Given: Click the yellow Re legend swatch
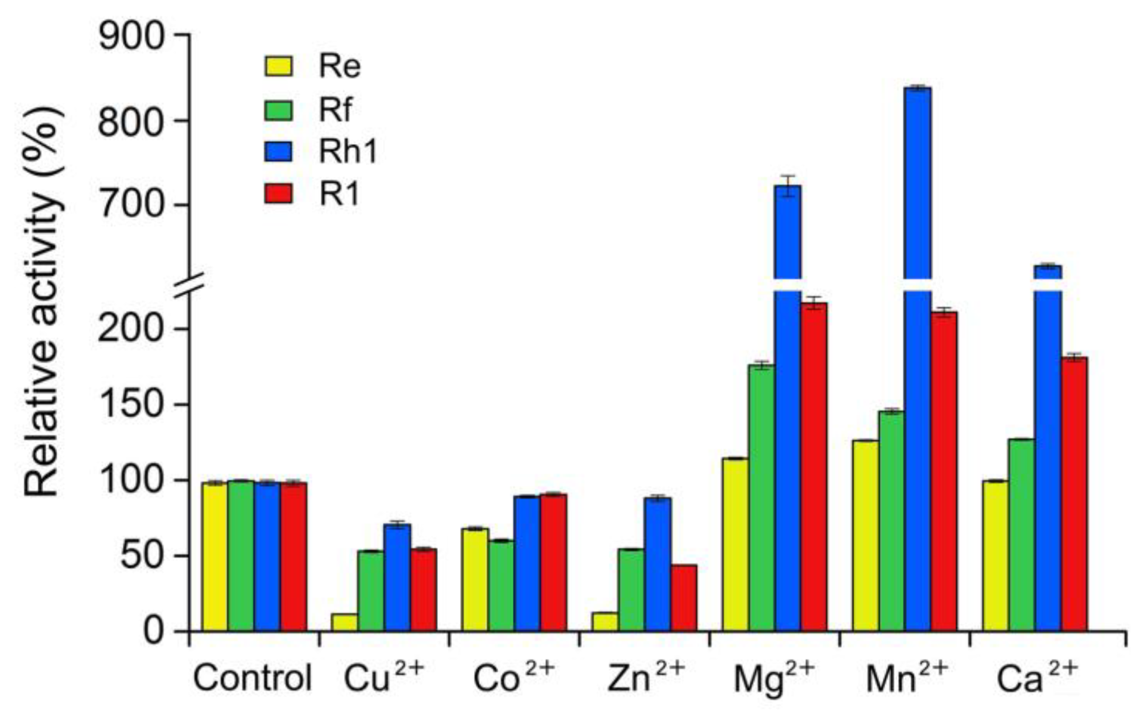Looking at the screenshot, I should click(278, 66).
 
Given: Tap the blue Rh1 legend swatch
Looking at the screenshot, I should click(278, 152).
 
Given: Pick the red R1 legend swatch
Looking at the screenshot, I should click(278, 194).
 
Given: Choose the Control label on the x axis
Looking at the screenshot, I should click(252, 678).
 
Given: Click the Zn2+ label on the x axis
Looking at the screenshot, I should click(646, 678).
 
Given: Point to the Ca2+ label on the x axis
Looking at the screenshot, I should click(1036, 678).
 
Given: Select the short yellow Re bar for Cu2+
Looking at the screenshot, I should click(344, 622).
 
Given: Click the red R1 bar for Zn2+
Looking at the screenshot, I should click(684, 598).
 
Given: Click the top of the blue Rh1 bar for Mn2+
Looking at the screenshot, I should click(918, 89).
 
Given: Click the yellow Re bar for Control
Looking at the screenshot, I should click(214, 557).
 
